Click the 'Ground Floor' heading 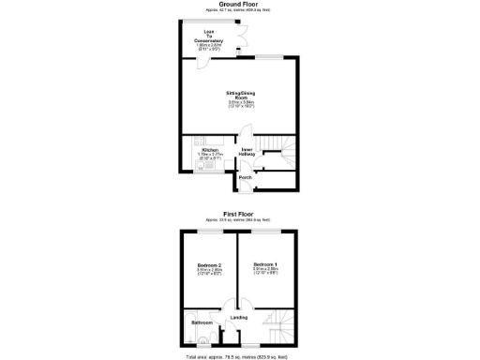click(x=239, y=4)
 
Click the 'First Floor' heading click(x=239, y=214)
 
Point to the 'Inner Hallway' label click(x=247, y=151)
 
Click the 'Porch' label click(x=244, y=177)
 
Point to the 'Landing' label click(x=238, y=318)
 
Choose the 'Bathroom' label click(x=202, y=322)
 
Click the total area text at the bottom click(x=239, y=356)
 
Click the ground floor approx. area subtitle click(x=239, y=10)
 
